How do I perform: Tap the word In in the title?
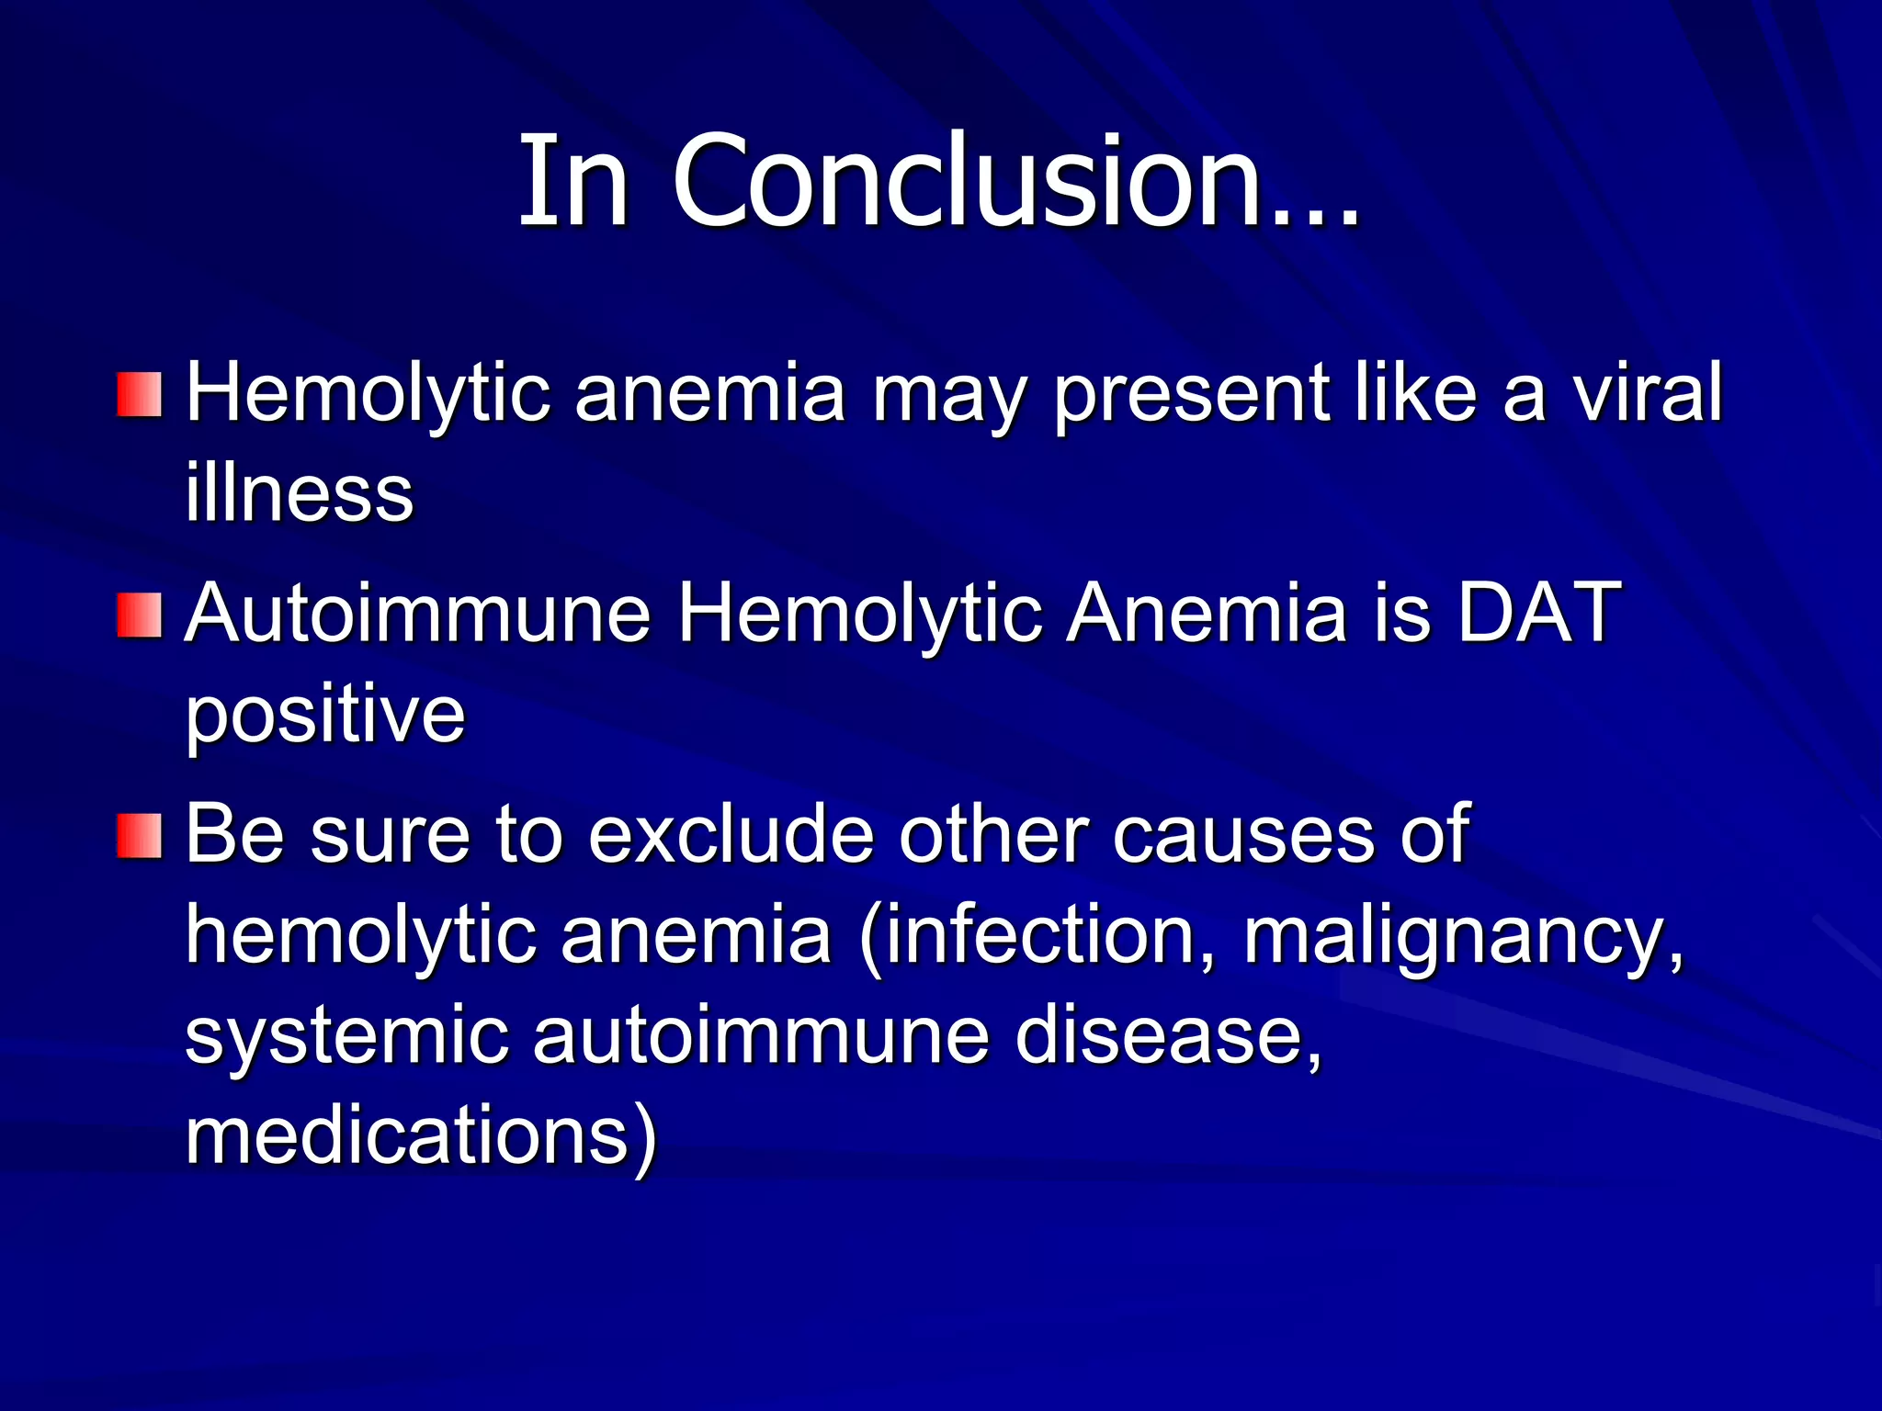point(573,181)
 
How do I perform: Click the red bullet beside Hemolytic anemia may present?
point(140,394)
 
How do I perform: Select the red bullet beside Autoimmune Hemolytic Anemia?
point(140,615)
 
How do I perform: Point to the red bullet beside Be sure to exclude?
point(140,836)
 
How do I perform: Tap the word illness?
point(300,493)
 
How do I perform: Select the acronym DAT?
point(1538,613)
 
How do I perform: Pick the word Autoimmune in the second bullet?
point(418,613)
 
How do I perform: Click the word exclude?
point(731,834)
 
